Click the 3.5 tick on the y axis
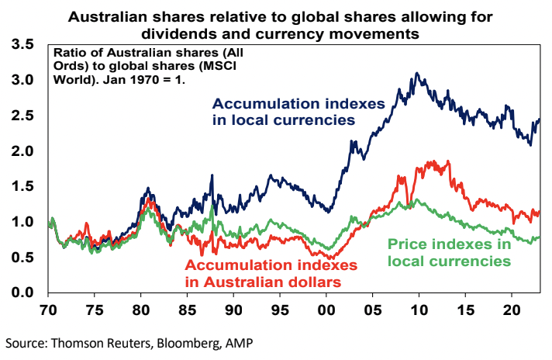point(22,45)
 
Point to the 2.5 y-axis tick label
point(22,116)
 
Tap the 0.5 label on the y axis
point(22,257)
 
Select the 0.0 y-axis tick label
point(22,292)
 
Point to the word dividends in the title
point(179,33)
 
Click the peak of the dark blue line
point(417,73)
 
